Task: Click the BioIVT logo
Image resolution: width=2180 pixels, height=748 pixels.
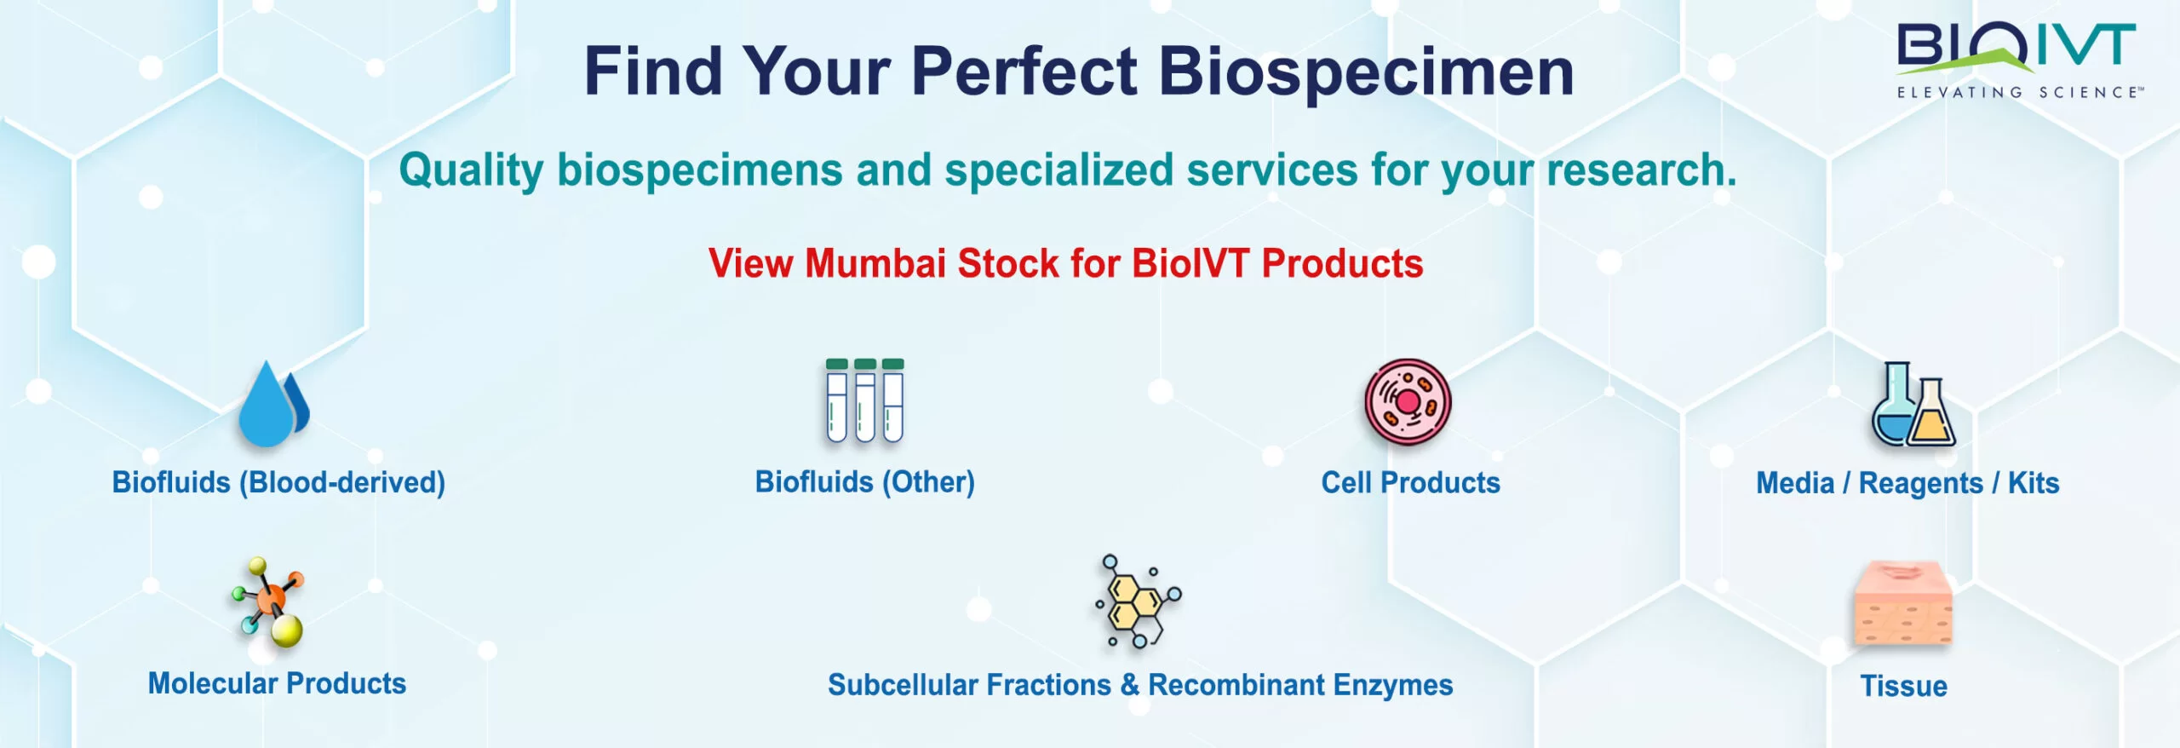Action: pyautogui.click(x=2017, y=60)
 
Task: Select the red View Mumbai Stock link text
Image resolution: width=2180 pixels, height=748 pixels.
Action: pyautogui.click(x=1065, y=263)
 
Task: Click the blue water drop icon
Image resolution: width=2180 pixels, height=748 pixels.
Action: pyautogui.click(x=273, y=404)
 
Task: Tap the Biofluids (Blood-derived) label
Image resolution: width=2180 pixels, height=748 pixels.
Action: pyautogui.click(x=278, y=482)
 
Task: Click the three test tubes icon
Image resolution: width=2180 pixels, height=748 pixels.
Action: pyautogui.click(x=864, y=400)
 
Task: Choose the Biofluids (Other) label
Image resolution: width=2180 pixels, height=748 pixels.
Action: pyautogui.click(x=864, y=482)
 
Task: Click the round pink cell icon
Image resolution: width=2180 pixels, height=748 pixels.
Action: pyautogui.click(x=1408, y=401)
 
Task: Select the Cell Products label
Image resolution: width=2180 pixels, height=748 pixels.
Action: pyautogui.click(x=1410, y=482)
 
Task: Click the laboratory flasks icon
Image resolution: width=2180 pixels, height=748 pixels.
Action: pyautogui.click(x=1913, y=404)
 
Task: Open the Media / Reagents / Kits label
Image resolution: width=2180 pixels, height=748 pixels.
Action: pyautogui.click(x=1907, y=483)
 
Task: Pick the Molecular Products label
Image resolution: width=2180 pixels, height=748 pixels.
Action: pyautogui.click(x=277, y=683)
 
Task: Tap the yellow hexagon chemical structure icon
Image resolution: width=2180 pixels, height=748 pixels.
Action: pyautogui.click(x=1139, y=601)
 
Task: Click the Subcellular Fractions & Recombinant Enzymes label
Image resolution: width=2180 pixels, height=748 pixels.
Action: pyautogui.click(x=1140, y=685)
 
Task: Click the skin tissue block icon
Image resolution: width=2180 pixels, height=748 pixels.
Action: pyautogui.click(x=1903, y=603)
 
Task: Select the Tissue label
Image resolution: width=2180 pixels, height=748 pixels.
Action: pyautogui.click(x=1903, y=686)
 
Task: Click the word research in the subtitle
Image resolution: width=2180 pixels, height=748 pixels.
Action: pyautogui.click(x=1641, y=170)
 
